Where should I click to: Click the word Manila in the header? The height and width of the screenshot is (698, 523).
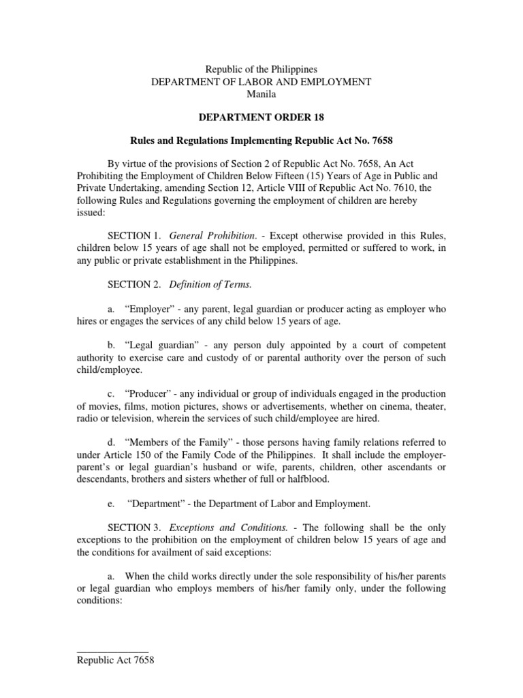261,94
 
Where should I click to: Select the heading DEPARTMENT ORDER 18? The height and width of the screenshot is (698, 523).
261,118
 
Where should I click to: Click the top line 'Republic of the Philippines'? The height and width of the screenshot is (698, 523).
261,70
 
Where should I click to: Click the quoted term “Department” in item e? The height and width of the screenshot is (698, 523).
157,504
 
